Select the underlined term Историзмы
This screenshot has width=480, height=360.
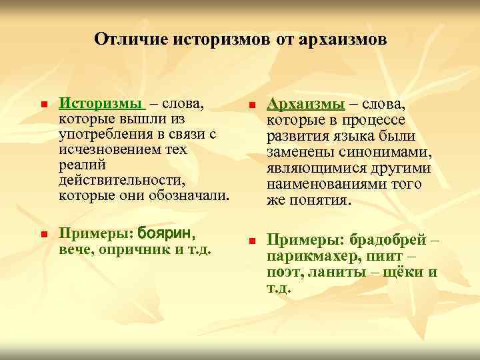coord(101,104)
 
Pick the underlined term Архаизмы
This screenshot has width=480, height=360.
coord(306,105)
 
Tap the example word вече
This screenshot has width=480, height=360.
coord(74,249)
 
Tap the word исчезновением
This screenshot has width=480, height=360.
coord(104,149)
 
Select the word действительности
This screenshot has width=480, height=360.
coord(121,180)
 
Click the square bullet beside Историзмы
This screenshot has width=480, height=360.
coord(43,105)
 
